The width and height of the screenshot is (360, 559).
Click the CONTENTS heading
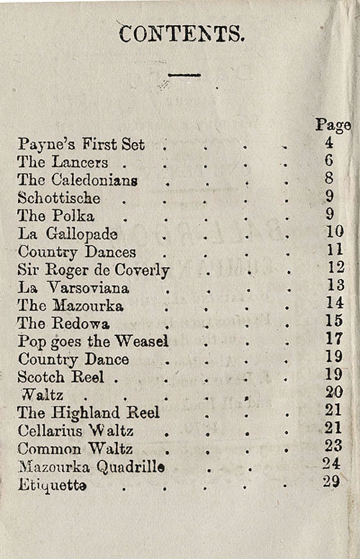[x=181, y=34]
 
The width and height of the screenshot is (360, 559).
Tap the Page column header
[x=333, y=124]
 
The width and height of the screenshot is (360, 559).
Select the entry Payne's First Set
[x=81, y=144]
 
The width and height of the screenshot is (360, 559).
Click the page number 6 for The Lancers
[x=329, y=161]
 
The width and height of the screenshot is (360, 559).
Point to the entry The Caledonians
[x=78, y=180]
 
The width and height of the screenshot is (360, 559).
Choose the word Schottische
[x=59, y=198]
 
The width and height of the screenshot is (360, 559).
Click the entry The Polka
[x=56, y=216]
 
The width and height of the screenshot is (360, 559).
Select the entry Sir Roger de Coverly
[x=94, y=270]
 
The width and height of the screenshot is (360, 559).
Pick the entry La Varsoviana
[x=73, y=288]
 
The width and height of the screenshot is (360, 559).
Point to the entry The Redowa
[x=63, y=323]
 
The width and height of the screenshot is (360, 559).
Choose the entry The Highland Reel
[x=89, y=413]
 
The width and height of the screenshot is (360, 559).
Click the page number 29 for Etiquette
[x=331, y=482]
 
